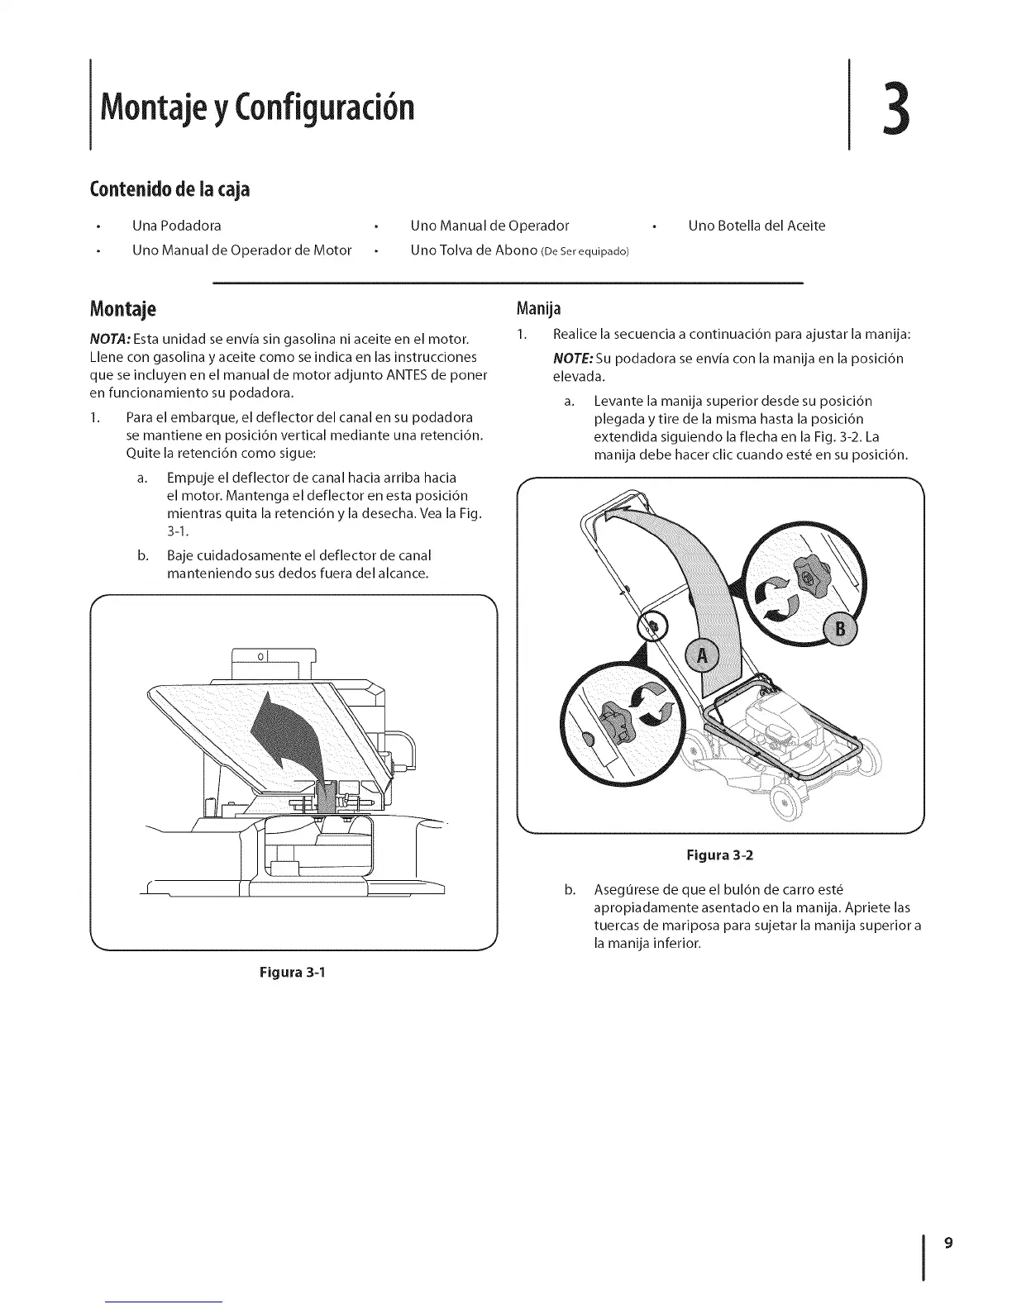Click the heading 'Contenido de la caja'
click(169, 190)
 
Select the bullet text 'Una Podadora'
click(177, 226)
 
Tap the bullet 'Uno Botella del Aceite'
click(757, 226)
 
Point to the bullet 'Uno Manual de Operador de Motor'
click(242, 250)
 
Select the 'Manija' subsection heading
click(538, 309)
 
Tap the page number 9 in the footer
click(949, 1243)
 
